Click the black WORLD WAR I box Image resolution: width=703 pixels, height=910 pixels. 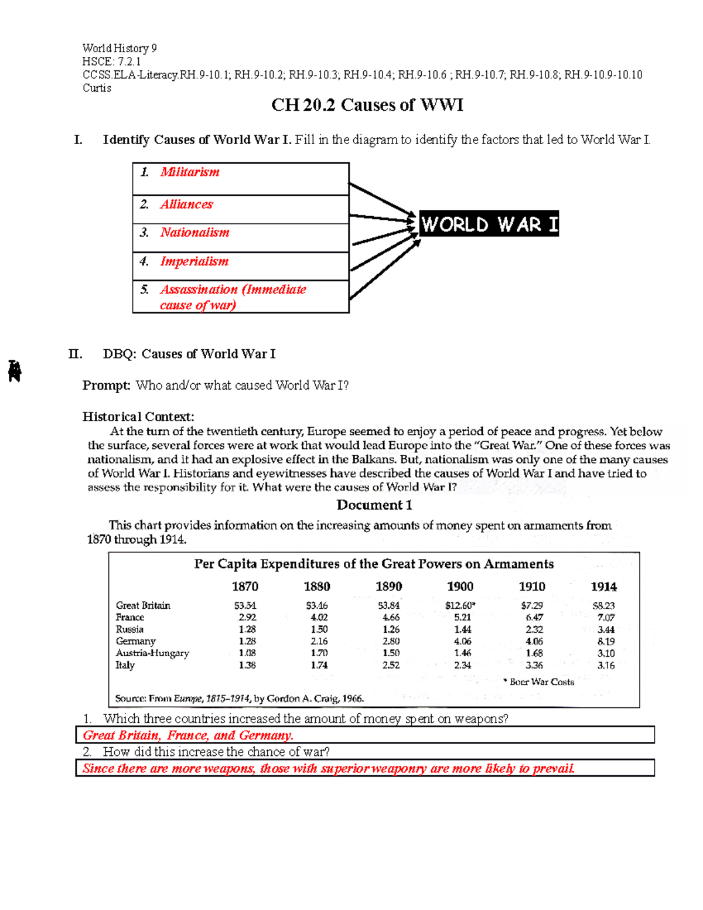[489, 224]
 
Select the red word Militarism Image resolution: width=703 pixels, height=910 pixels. [190, 172]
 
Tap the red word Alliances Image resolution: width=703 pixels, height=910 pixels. [186, 205]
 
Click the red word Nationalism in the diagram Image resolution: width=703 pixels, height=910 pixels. [194, 233]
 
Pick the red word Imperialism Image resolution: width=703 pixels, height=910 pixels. [194, 261]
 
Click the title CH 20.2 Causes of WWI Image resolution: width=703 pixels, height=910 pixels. [367, 105]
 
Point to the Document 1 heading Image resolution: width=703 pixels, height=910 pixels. [374, 505]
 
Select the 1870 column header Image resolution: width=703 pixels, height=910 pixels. [245, 587]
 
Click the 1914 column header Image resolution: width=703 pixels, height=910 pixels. [603, 587]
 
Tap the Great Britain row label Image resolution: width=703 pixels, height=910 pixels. [143, 605]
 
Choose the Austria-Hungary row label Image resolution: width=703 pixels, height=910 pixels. [152, 653]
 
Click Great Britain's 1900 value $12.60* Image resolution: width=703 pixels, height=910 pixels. [460, 605]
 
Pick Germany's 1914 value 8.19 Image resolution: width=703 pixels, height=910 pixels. [606, 641]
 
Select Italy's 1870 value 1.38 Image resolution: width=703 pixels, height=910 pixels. [247, 665]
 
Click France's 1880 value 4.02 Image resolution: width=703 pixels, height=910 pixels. [319, 617]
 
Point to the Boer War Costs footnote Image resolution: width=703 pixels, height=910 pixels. [539, 682]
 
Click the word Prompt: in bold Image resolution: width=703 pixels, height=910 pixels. [106, 386]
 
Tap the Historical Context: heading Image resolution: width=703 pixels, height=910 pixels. [138, 417]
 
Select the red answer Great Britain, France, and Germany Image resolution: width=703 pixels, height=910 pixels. [188, 735]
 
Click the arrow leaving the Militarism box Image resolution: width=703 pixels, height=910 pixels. [381, 199]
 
